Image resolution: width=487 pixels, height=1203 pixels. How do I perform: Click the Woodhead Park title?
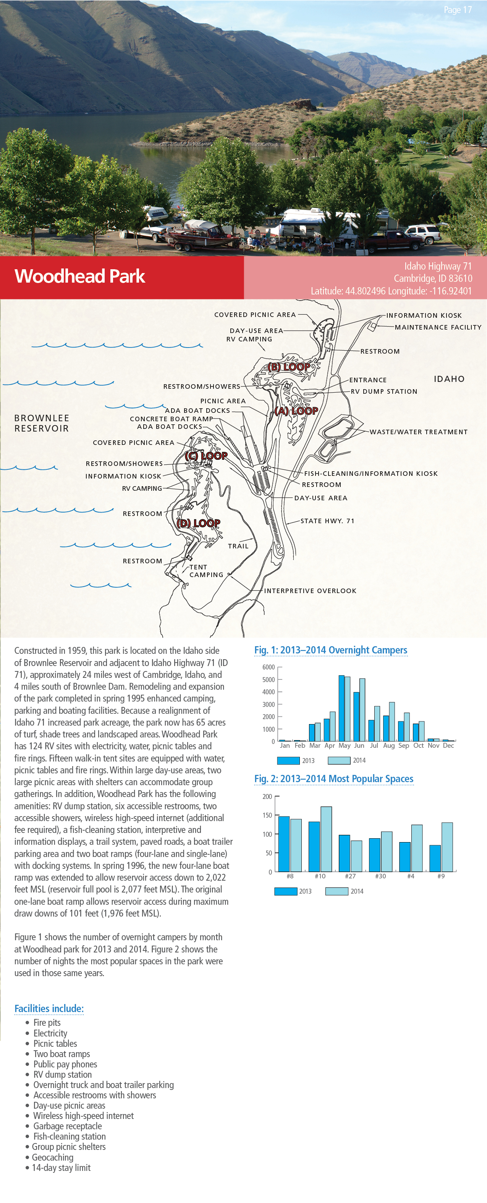(80, 276)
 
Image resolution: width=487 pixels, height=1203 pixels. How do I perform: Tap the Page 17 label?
(457, 10)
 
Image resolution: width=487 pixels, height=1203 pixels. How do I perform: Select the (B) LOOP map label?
(289, 367)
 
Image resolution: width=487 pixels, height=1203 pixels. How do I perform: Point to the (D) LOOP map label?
(199, 523)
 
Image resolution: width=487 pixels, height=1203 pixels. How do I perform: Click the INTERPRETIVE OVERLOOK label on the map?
(310, 591)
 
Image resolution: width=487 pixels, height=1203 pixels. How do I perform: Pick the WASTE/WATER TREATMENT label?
(418, 432)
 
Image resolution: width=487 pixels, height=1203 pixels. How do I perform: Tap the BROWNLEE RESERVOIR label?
(42, 423)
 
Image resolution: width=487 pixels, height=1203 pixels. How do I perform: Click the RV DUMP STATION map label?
(384, 391)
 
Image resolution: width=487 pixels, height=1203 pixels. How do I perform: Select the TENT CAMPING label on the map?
(206, 571)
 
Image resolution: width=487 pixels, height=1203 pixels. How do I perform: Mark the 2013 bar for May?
(341, 708)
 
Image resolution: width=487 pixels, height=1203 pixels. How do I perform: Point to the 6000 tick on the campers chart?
(269, 667)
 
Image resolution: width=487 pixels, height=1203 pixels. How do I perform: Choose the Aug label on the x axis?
(388, 746)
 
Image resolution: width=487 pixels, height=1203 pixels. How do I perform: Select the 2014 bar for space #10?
(326, 839)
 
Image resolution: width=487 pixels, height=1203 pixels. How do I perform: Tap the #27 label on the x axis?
(350, 876)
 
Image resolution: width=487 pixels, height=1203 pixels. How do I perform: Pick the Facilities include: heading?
(49, 1008)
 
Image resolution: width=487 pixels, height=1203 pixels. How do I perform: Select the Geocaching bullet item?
(52, 1157)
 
